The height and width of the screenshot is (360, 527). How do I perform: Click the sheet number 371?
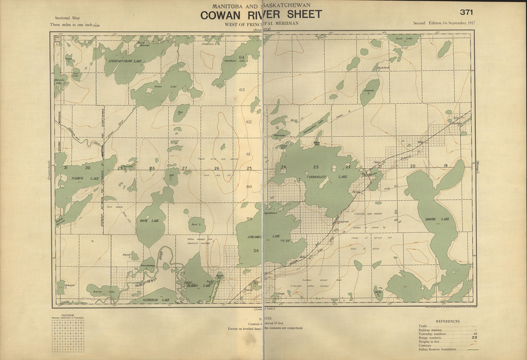click(467, 12)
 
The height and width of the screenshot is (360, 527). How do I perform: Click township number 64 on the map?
click(242, 56)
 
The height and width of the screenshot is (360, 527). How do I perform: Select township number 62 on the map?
click(249, 122)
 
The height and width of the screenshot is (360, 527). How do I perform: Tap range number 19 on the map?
click(446, 165)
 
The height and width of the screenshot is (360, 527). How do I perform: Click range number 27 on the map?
click(184, 168)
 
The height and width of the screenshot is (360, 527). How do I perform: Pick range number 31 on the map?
click(65, 168)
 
